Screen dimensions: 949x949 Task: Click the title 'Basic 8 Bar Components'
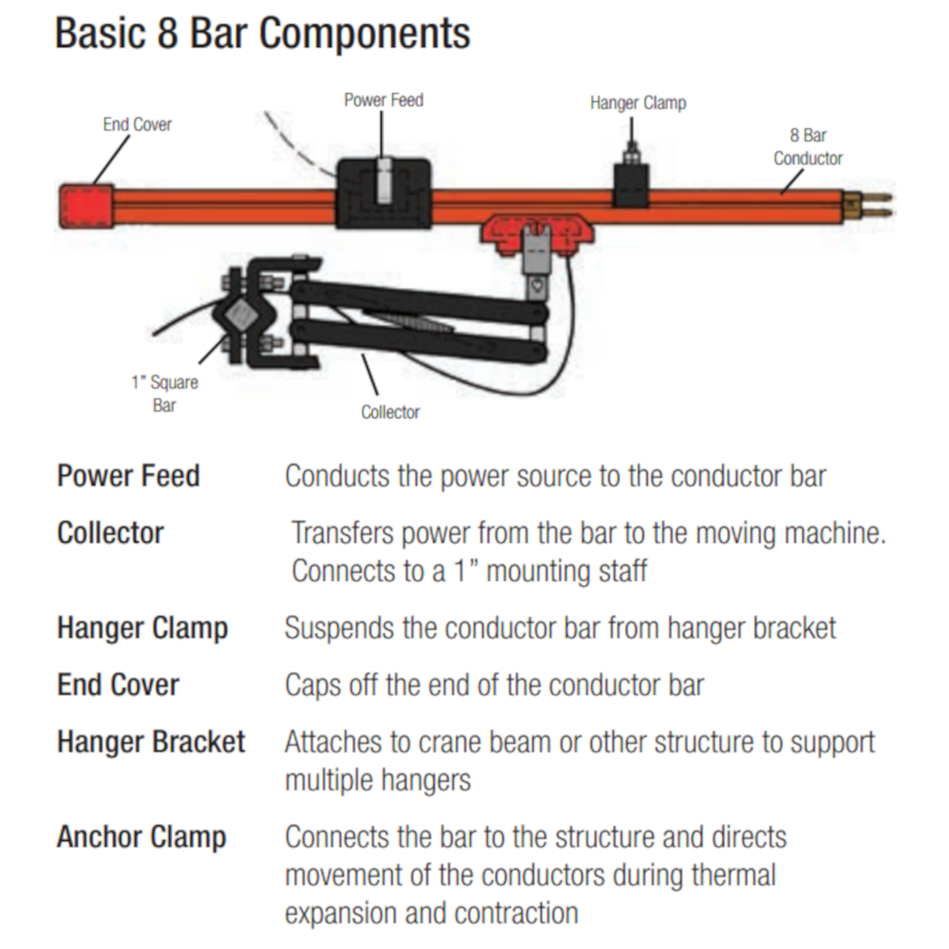coord(263,33)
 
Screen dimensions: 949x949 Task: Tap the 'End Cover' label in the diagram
coord(137,125)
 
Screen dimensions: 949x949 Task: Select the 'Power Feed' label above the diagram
coord(384,100)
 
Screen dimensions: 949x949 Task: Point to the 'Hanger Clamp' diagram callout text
coord(638,103)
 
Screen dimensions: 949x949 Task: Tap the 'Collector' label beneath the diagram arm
coord(390,412)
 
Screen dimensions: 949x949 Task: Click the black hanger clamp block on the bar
coord(631,186)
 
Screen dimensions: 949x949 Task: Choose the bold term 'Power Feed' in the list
coord(129,475)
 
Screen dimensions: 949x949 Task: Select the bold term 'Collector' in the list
coord(111,532)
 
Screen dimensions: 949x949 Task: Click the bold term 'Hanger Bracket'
coord(151,742)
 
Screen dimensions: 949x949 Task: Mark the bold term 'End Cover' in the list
coord(118,685)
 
